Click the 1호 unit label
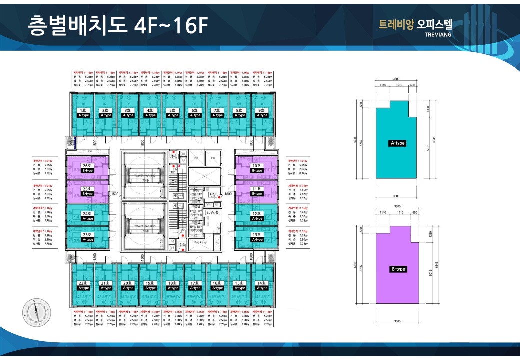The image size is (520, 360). (x=84, y=110)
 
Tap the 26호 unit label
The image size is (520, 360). (x=87, y=165)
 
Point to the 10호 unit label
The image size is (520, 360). (x=257, y=165)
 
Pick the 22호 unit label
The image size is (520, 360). (x=84, y=283)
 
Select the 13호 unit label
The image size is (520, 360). (x=257, y=234)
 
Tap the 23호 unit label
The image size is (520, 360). (x=87, y=234)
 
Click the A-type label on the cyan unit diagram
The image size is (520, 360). (x=397, y=143)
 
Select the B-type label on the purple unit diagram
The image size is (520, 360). (x=398, y=269)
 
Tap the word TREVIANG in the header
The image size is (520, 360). (x=437, y=35)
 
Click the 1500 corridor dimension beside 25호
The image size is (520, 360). (x=114, y=193)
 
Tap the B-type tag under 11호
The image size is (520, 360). (x=257, y=193)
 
